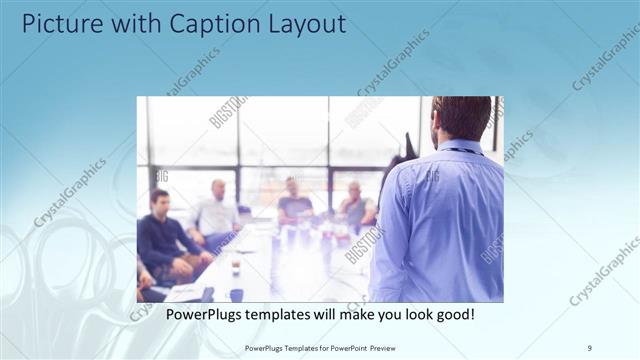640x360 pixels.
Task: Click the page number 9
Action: pyautogui.click(x=590, y=346)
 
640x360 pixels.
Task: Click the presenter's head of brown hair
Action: pyautogui.click(x=463, y=114)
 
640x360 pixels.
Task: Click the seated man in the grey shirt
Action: pyautogui.click(x=355, y=207)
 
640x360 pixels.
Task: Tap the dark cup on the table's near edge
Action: pyautogui.click(x=236, y=294)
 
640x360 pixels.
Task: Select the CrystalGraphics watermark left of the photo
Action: pyautogui.click(x=70, y=192)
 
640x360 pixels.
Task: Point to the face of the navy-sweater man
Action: pyautogui.click(x=159, y=202)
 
